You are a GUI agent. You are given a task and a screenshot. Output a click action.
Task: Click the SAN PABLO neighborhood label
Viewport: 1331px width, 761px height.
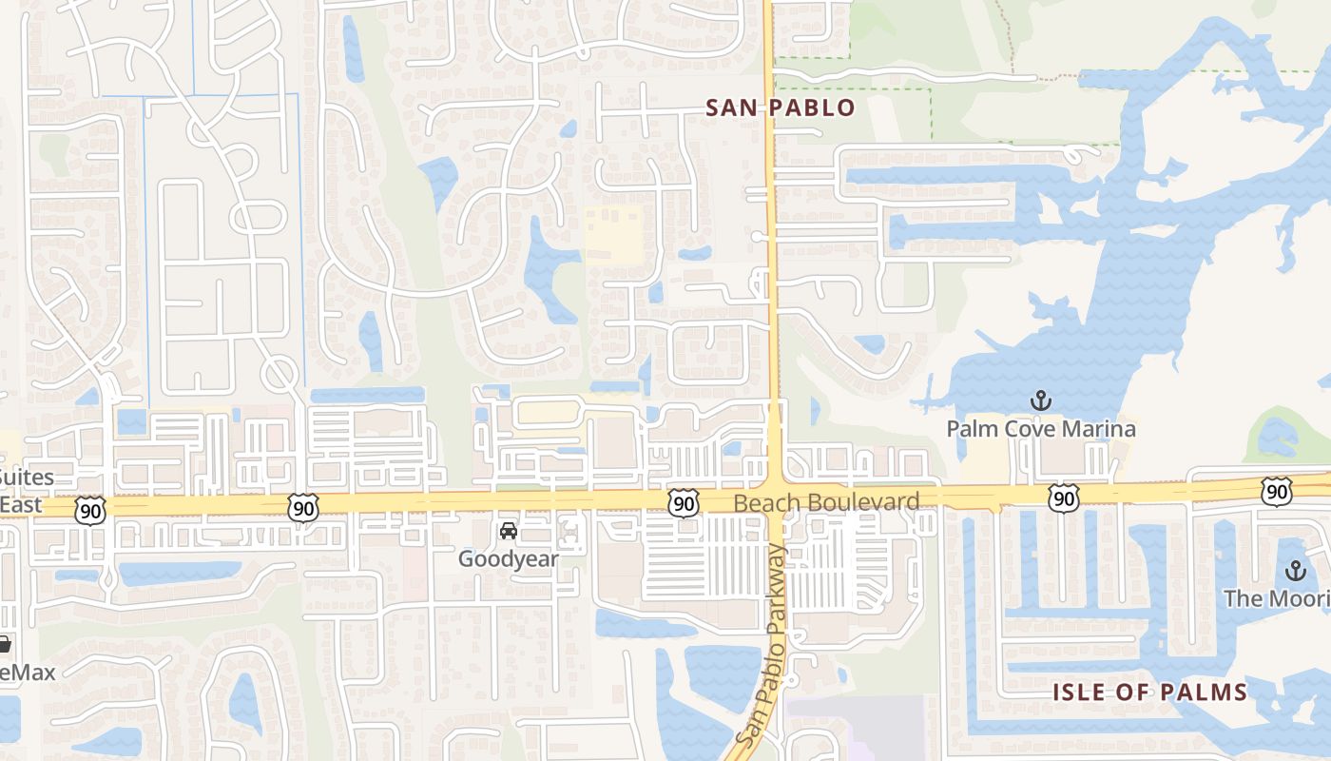(x=781, y=107)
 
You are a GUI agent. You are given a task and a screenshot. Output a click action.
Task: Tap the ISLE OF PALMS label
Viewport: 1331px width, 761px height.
(x=1148, y=692)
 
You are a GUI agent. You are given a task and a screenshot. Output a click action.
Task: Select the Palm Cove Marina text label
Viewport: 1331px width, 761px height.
(x=1040, y=429)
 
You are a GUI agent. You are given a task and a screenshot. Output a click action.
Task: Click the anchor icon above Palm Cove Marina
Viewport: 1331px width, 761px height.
(x=1041, y=400)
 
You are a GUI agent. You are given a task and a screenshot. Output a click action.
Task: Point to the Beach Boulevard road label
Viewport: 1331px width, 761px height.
(x=826, y=502)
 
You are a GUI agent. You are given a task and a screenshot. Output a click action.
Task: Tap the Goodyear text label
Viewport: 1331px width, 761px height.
(x=508, y=558)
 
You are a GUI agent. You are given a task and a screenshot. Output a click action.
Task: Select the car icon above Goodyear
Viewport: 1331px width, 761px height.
(x=509, y=530)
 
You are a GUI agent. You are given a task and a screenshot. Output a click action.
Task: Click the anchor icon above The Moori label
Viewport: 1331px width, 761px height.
(x=1294, y=571)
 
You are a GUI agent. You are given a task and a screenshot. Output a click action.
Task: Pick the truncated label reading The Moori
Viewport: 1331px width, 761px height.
(x=1277, y=598)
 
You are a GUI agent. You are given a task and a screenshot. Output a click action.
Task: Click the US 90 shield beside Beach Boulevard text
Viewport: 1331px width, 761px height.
(x=683, y=504)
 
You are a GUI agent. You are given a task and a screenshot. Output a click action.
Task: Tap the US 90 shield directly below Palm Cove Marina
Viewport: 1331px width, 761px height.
(x=1064, y=497)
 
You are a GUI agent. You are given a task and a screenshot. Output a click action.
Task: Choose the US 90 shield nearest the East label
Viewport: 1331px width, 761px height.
(x=91, y=509)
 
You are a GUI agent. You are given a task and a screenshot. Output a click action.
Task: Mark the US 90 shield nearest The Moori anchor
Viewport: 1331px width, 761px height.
(x=1276, y=492)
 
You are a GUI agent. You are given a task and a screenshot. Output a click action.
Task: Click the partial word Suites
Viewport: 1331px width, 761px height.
(x=27, y=478)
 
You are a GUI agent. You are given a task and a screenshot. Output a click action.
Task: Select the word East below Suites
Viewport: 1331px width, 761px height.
(x=21, y=504)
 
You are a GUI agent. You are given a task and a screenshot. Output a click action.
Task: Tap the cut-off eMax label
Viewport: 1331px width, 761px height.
(x=27, y=673)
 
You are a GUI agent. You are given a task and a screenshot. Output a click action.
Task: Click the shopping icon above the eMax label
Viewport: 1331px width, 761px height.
(x=5, y=644)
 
